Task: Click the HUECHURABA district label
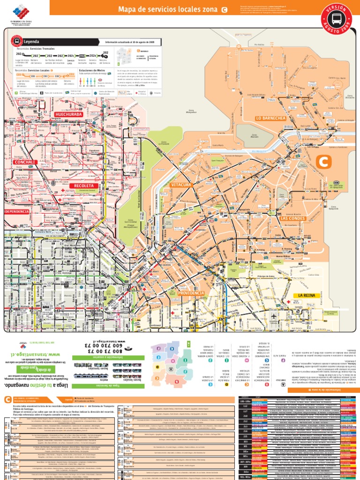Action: pos(68,114)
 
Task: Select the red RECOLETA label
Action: pos(84,186)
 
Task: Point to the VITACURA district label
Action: pos(180,185)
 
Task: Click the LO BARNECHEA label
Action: pos(270,118)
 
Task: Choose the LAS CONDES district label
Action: pos(293,218)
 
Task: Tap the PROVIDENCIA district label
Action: pos(191,293)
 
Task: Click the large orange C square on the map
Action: pos(323,162)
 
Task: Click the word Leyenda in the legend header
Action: pos(31,41)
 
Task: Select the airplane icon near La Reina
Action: pos(273,316)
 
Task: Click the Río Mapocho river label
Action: pos(258,151)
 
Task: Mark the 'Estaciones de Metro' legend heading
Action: pos(93,70)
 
